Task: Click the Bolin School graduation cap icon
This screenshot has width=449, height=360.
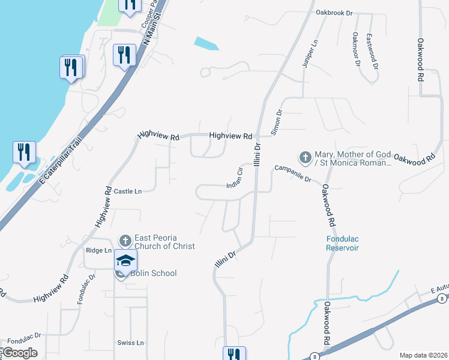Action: point(125,260)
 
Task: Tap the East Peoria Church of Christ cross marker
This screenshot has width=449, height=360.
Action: point(125,241)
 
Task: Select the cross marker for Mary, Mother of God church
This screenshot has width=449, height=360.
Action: point(305,158)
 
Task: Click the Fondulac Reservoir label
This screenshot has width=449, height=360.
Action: point(342,242)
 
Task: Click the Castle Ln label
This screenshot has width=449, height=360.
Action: point(127,191)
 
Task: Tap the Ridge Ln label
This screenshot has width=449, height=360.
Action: point(99,250)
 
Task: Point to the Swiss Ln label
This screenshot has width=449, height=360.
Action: point(131,343)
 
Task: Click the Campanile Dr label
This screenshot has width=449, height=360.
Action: point(293,175)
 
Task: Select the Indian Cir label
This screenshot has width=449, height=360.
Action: point(235,178)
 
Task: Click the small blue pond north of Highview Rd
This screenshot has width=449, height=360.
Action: point(206,44)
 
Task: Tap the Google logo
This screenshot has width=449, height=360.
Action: point(19,353)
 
